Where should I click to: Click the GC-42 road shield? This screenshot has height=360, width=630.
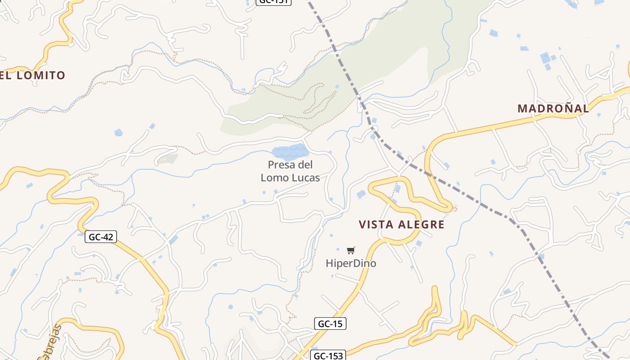(x=101, y=237)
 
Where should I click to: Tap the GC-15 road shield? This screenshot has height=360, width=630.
(x=330, y=324)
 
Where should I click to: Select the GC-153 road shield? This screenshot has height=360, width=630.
(x=327, y=356)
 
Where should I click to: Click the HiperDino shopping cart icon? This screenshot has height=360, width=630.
(x=351, y=250)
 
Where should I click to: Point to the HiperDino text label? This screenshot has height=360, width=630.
(x=351, y=263)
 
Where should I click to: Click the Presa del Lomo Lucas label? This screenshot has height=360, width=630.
(x=290, y=171)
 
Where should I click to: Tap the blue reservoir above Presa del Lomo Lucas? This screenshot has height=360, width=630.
(x=290, y=152)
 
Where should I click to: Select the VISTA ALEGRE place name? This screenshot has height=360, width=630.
(x=401, y=225)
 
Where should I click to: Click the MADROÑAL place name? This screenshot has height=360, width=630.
(x=553, y=108)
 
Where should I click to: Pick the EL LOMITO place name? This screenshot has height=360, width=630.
(x=33, y=75)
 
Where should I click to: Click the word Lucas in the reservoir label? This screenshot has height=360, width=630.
(x=306, y=178)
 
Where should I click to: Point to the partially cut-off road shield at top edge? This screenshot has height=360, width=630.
(x=274, y=2)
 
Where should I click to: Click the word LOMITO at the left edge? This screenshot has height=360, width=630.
(x=41, y=75)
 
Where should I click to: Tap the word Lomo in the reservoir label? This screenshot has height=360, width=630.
(x=275, y=178)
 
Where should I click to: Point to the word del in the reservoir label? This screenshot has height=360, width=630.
(x=304, y=165)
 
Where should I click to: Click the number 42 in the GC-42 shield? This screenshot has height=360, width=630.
(x=108, y=237)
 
